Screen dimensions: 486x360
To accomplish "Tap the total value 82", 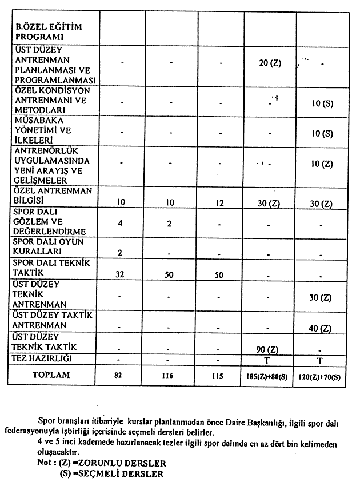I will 121,377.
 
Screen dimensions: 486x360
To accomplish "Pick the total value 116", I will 170,377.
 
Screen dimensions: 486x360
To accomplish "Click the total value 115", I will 219,377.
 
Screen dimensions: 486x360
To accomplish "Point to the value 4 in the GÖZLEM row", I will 121,222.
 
